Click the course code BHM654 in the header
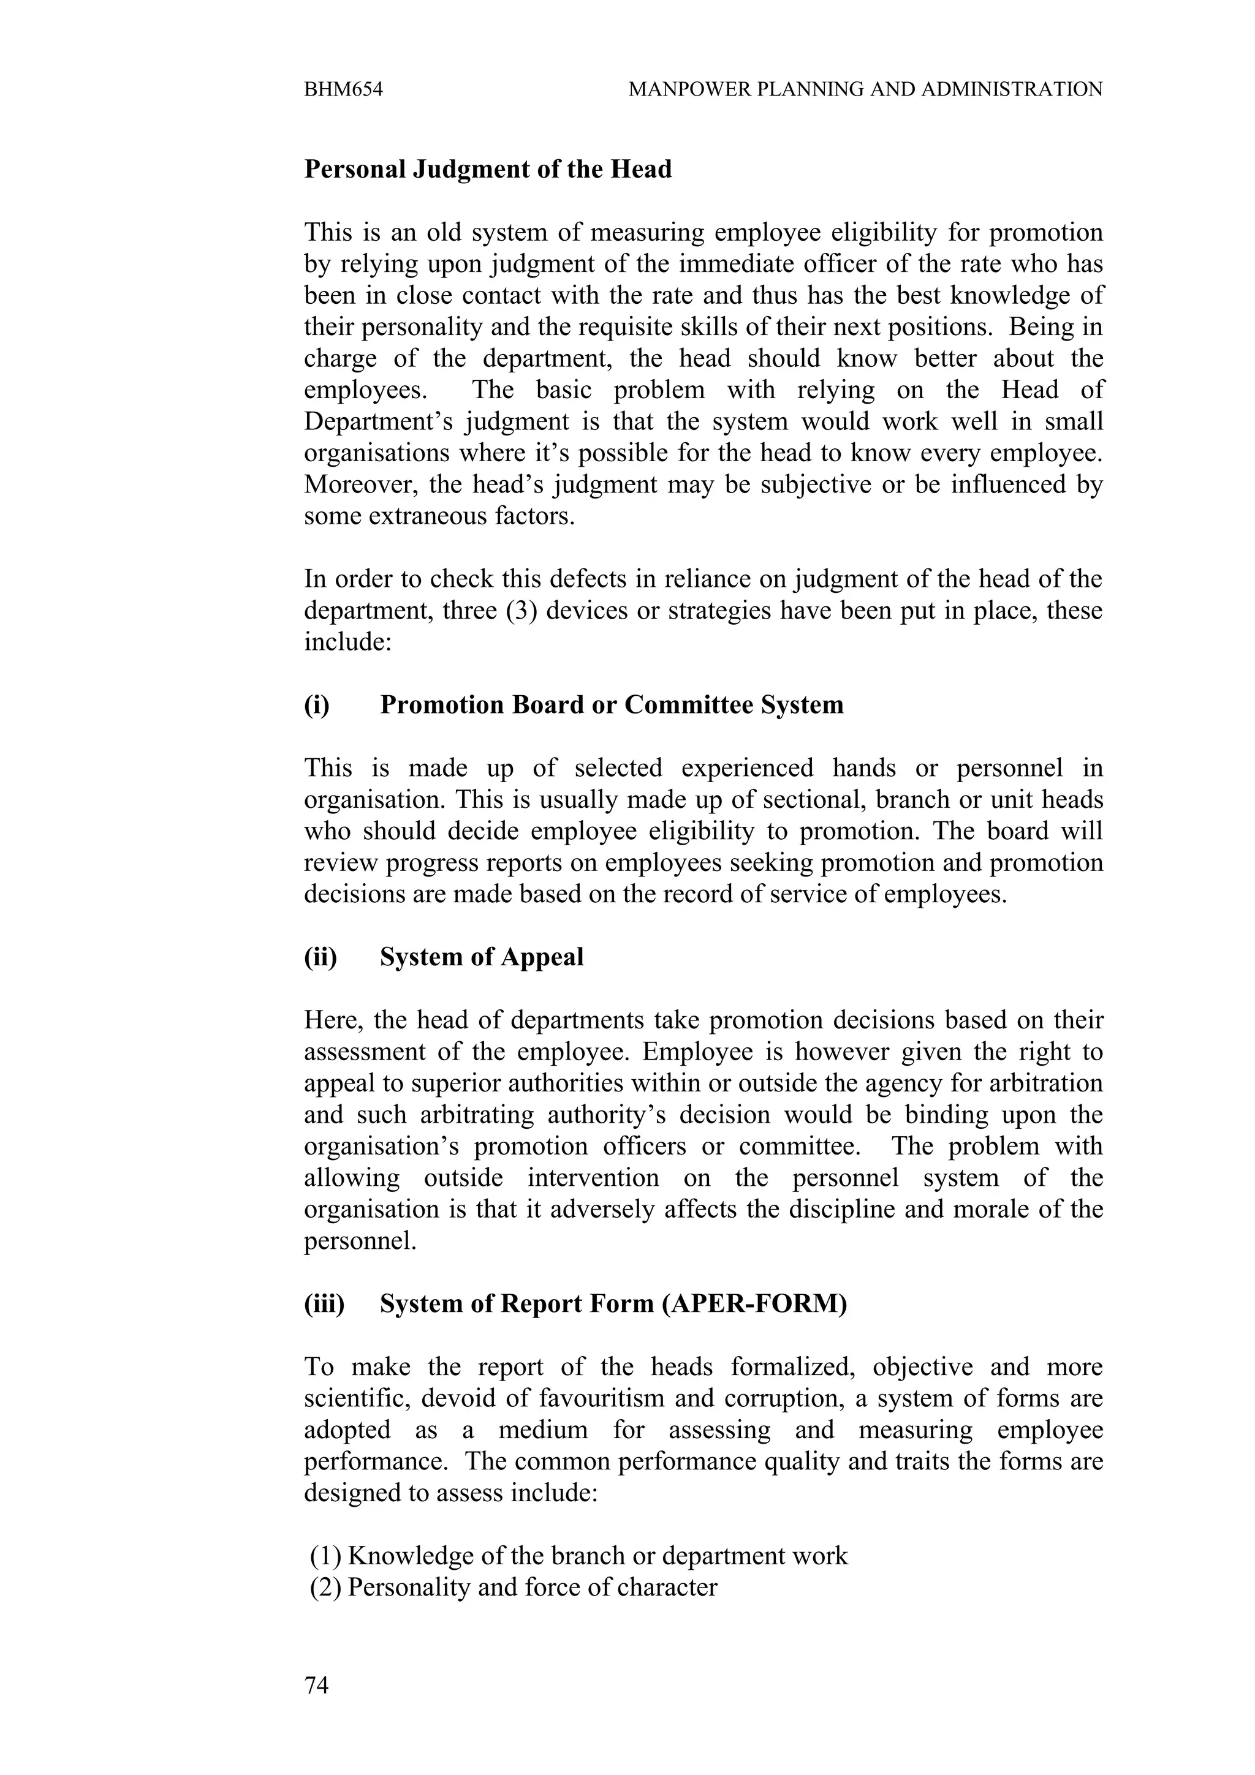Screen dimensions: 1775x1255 pos(343,89)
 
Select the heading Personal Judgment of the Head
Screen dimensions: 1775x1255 pos(488,168)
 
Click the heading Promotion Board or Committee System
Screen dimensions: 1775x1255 pos(612,704)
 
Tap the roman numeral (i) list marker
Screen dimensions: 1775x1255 pos(316,704)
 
